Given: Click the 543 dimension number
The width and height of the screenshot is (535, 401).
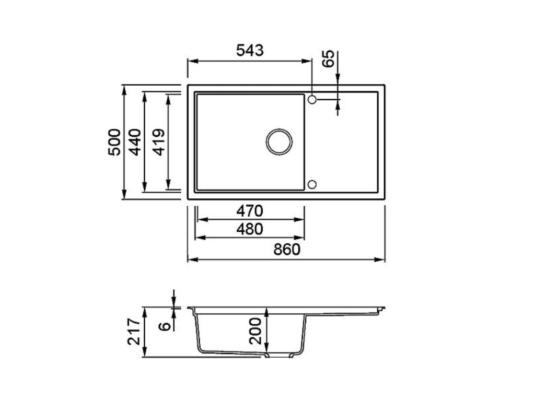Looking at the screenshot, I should click(250, 51).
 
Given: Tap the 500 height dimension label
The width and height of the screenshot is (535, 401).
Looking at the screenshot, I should click(114, 142).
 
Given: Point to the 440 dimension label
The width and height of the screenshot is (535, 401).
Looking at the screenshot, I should click(135, 142).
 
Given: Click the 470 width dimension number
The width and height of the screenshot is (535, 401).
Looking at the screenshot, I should click(249, 211).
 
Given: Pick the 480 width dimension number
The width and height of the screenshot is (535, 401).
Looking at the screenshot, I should click(249, 229).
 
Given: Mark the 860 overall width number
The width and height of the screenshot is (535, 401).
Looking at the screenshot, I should click(287, 250).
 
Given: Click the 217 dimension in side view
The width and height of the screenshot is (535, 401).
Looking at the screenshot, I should click(134, 332).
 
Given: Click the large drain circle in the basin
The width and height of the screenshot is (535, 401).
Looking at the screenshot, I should click(279, 141).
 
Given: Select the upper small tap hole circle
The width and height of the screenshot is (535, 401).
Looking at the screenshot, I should click(312, 99).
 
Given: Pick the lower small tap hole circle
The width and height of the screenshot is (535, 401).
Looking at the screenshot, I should click(312, 184).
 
